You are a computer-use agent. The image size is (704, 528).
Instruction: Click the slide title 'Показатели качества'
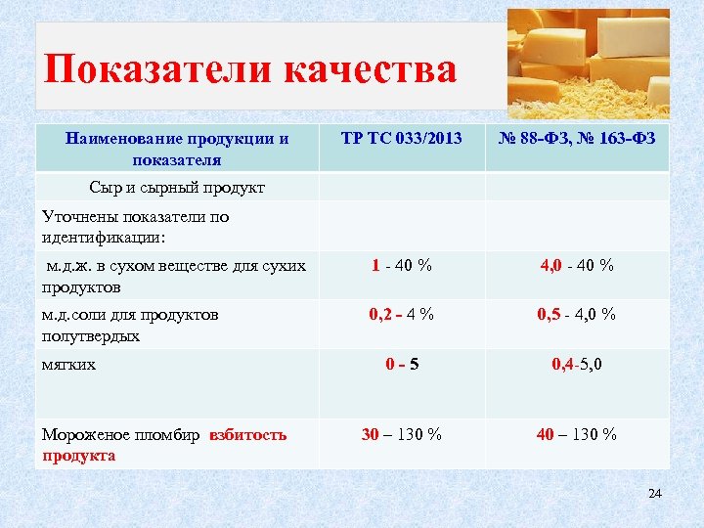point(250,70)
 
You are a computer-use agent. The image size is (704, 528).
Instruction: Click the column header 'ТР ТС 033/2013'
point(401,139)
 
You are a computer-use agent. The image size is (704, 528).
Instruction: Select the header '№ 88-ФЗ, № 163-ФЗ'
point(577,139)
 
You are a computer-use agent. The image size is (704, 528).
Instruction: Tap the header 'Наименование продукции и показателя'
point(177,149)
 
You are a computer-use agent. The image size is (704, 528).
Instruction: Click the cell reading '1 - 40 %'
point(401,265)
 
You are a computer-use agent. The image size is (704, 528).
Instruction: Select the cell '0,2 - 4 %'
point(401,315)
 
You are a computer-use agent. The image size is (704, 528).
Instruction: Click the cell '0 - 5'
point(402,365)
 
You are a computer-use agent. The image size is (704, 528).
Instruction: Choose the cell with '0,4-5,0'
point(577,365)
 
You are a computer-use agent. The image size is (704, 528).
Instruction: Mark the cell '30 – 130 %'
point(401,434)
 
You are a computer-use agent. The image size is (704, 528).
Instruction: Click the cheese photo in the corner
point(589,64)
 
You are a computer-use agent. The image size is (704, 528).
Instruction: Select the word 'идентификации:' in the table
point(104,238)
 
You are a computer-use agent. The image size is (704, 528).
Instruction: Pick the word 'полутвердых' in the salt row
point(91,335)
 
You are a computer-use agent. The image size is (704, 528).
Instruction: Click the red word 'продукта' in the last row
point(79,456)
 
